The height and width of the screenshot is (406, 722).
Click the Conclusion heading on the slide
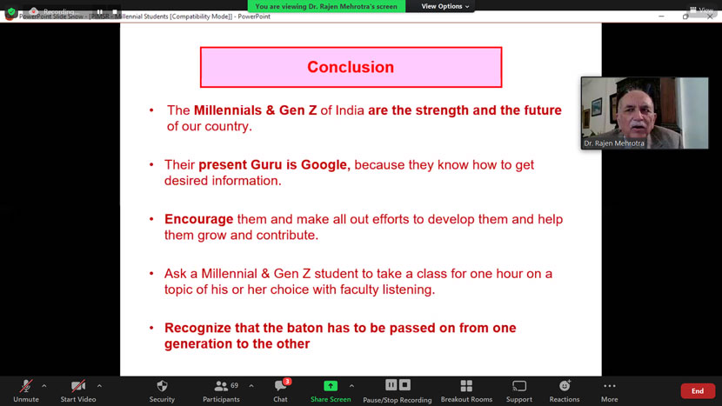[351, 67]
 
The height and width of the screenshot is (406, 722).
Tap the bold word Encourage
[199, 219]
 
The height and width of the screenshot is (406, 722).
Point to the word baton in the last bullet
[310, 328]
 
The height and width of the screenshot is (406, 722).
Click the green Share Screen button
[331, 386]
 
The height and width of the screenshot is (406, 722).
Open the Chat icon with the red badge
[280, 386]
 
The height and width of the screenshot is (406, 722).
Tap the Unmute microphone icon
[26, 386]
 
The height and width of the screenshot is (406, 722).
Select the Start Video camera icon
[78, 386]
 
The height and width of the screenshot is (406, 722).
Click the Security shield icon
[162, 386]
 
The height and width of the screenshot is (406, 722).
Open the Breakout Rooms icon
[466, 386]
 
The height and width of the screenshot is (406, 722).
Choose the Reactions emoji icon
[565, 386]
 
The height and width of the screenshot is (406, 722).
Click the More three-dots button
[609, 386]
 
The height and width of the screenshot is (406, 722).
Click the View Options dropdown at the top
[445, 6]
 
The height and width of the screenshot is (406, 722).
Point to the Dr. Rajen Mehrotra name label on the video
[615, 143]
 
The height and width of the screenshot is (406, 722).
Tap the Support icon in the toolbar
[519, 386]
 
